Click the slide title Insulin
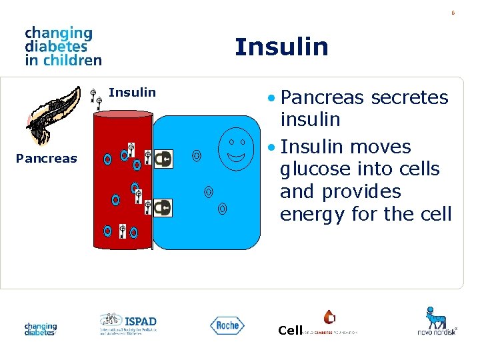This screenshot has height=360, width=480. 281,47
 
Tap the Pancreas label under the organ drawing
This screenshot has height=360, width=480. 47,159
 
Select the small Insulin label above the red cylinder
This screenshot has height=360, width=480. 132,93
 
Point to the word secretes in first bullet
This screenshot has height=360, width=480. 409,98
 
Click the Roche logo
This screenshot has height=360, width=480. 227,325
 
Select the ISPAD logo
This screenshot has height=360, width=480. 128,323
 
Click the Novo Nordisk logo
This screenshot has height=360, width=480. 437,321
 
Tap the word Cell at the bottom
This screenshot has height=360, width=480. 291,330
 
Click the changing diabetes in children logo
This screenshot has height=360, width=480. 63,46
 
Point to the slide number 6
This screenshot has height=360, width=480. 453,13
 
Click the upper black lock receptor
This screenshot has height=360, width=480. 163,159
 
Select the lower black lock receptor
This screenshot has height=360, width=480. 162,208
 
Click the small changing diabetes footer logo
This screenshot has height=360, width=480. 41,329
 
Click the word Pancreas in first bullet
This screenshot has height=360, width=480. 323,98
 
